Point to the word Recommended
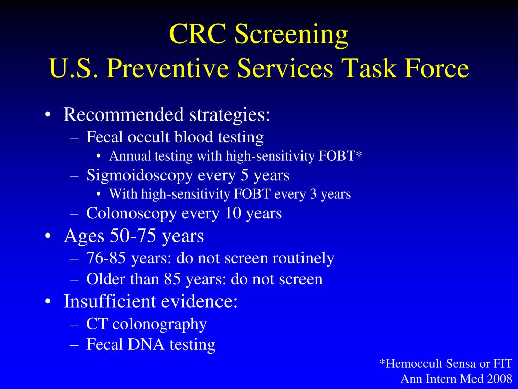click(123, 115)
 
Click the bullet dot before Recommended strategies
click(47, 115)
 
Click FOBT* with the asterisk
click(340, 157)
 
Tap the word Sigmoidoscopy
click(140, 175)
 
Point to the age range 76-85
click(107, 258)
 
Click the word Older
click(103, 279)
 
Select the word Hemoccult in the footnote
click(412, 363)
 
